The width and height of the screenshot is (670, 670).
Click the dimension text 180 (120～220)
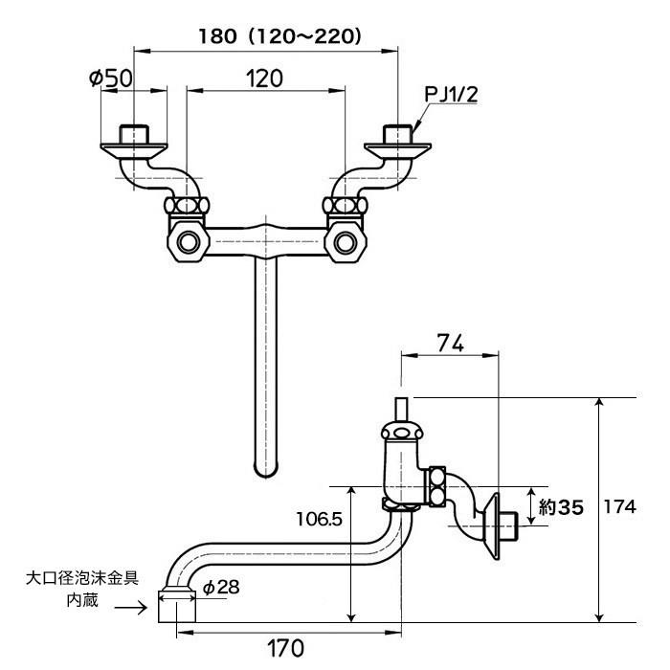tap(279, 36)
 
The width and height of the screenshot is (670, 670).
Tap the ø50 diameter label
tap(111, 78)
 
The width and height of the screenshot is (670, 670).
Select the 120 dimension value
tap(264, 78)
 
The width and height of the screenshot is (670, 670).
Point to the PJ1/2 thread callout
tap(451, 94)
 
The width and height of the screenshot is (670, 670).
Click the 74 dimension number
tap(451, 343)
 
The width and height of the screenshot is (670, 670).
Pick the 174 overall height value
tap(619, 507)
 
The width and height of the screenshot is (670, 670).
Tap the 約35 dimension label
tap(561, 507)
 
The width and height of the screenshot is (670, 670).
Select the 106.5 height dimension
tap(319, 519)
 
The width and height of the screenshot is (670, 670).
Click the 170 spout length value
tap(285, 648)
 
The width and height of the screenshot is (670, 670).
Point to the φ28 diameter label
tap(221, 588)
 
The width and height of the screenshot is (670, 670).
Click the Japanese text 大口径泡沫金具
tap(82, 579)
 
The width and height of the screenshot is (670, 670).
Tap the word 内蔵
tap(82, 600)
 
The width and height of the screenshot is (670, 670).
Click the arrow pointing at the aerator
tap(131, 607)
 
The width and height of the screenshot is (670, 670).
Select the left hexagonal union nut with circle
tap(188, 242)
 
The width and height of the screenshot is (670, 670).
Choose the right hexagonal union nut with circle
tap(346, 242)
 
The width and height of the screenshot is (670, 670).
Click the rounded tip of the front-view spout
tap(265, 471)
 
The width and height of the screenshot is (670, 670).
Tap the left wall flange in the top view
tap(133, 148)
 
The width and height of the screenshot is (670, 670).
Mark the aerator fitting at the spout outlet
tap(177, 606)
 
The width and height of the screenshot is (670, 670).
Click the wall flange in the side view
tap(492, 526)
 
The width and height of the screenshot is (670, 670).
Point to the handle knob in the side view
tap(402, 432)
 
